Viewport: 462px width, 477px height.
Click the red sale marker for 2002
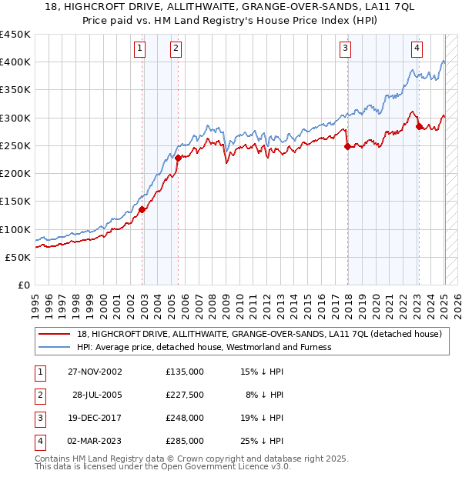tap(142, 209)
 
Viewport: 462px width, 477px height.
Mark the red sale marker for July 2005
tap(178, 158)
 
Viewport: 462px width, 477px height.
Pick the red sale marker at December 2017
tap(347, 146)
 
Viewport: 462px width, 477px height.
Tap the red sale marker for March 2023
tap(419, 126)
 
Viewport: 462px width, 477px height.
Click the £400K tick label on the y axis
tap(15, 62)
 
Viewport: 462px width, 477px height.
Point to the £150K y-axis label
tap(15, 202)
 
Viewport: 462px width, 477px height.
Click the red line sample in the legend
tap(54, 334)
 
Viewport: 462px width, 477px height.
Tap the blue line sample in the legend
tap(54, 347)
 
